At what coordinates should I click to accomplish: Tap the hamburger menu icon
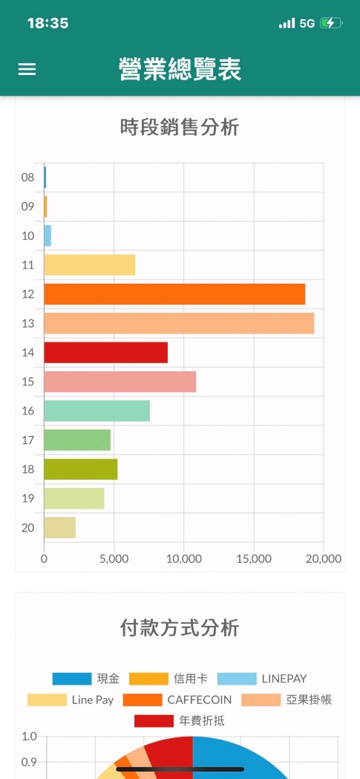click(x=27, y=69)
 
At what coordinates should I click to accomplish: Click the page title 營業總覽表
click(x=180, y=69)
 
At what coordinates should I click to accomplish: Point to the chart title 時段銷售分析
click(x=180, y=128)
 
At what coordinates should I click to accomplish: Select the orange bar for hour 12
click(x=174, y=294)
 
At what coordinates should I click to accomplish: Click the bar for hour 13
click(x=179, y=324)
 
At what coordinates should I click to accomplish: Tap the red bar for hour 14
click(x=105, y=352)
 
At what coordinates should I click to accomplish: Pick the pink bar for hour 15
click(x=120, y=382)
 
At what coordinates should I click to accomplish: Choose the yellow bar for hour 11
click(x=90, y=265)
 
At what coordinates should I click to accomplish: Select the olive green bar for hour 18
click(x=81, y=469)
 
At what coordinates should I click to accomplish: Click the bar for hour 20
click(x=60, y=527)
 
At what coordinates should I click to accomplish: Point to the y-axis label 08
click(x=27, y=177)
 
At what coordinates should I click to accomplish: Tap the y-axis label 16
click(x=27, y=411)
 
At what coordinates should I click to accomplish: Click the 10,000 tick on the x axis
click(x=184, y=559)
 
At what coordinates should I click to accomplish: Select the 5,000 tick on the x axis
click(x=114, y=559)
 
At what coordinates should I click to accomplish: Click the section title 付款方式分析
click(x=180, y=628)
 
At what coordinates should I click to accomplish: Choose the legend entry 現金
click(x=86, y=679)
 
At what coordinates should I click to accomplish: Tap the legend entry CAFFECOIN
click(x=177, y=700)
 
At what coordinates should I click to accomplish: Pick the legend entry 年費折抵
click(x=179, y=721)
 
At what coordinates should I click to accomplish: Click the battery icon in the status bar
click(x=331, y=23)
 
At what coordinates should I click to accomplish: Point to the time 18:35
click(x=48, y=23)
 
